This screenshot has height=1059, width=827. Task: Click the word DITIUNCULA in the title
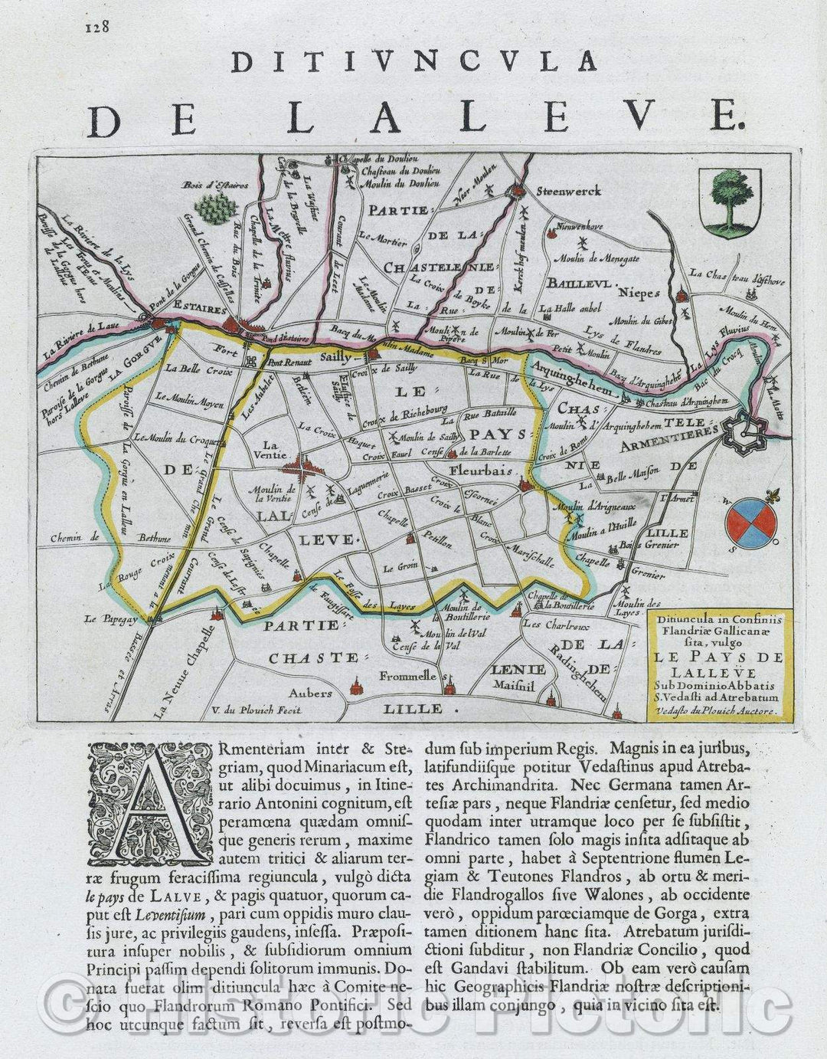point(413,61)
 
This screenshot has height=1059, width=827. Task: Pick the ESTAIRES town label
point(201,311)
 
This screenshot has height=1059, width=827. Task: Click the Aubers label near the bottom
point(310,693)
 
